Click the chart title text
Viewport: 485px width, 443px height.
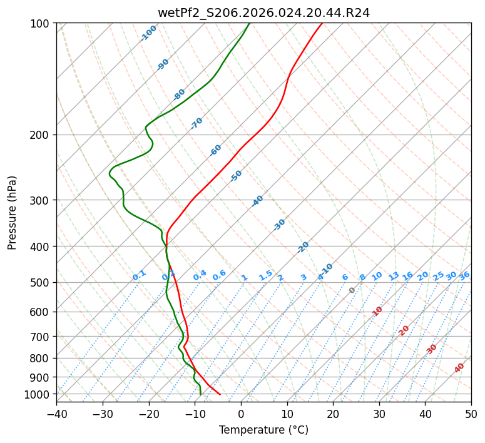[x=263, y=11]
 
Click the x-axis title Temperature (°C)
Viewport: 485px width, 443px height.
[x=263, y=430]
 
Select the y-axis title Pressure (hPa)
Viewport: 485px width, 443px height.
[x=12, y=212]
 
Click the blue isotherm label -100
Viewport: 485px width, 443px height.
[x=148, y=33]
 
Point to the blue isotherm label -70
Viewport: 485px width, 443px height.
[x=197, y=123]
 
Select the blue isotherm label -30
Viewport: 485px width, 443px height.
[x=279, y=225]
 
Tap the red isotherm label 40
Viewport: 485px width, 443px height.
[x=459, y=368]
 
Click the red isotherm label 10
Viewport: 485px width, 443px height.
[x=377, y=311]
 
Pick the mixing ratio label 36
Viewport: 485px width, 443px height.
[x=464, y=275]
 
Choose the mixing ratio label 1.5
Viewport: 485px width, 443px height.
[x=265, y=275]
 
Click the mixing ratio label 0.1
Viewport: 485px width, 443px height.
[x=139, y=275]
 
